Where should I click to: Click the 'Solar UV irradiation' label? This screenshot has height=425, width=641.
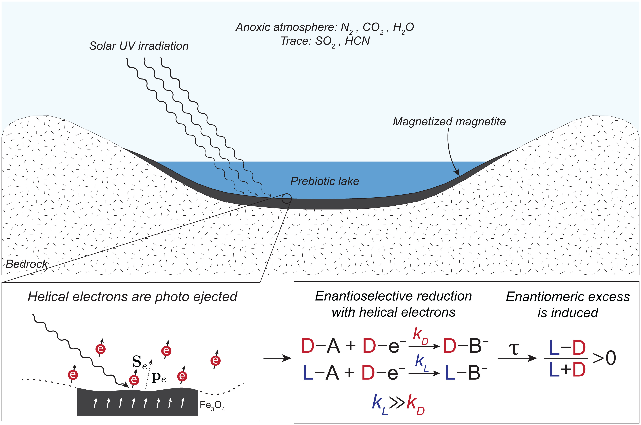point(139,46)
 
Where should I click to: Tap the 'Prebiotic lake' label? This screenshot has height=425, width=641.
point(325,181)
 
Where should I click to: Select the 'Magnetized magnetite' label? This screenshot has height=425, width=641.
point(449,121)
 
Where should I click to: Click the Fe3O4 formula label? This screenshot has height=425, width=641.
point(212,405)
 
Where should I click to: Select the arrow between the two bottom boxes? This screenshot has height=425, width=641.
point(277,358)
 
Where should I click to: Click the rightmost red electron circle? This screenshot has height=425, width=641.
point(215,361)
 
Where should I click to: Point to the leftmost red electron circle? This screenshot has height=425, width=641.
point(73,375)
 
